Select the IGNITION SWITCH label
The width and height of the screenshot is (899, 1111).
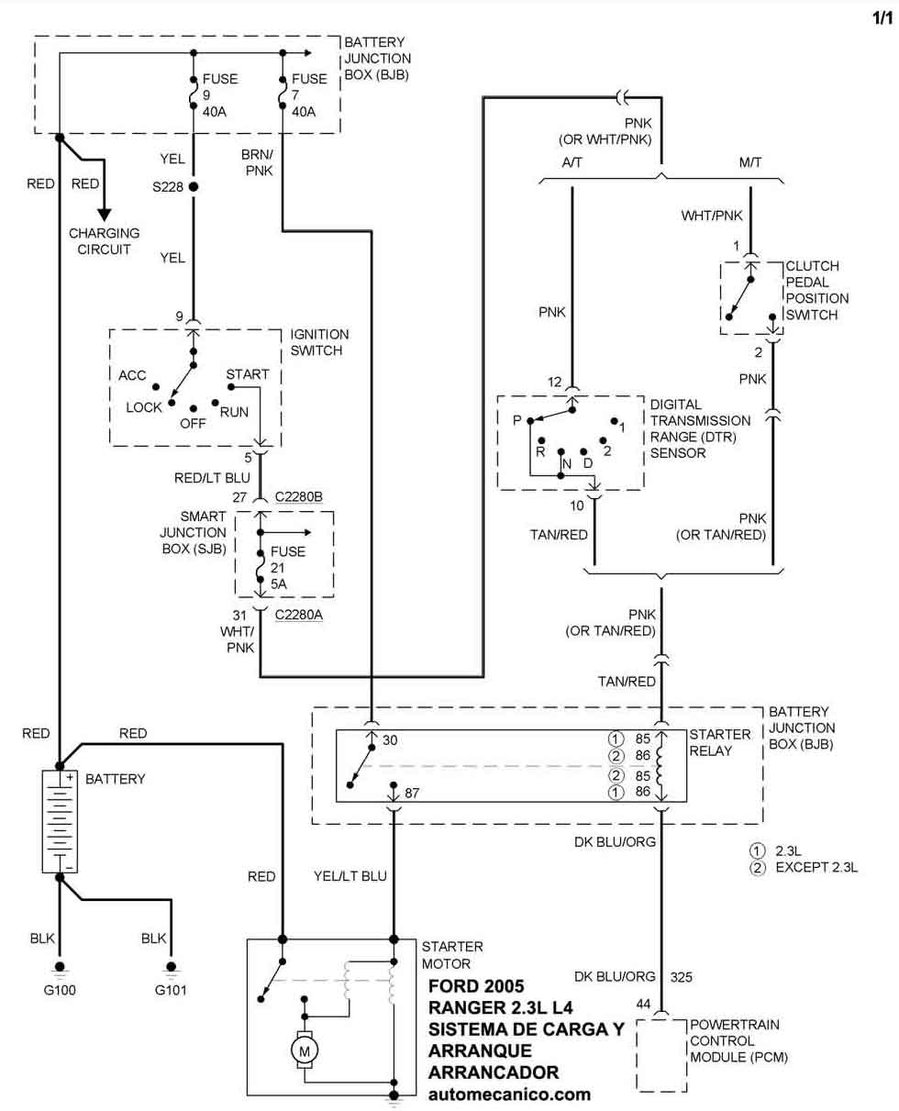[x=319, y=342]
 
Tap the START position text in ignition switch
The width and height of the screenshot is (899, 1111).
[x=248, y=374]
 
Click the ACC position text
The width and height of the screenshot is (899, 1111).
[x=133, y=374]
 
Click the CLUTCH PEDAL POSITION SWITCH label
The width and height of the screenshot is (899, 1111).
[x=817, y=291]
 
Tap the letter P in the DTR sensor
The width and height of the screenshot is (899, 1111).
[x=517, y=421]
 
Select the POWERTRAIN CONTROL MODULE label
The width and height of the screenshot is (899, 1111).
[x=738, y=1041]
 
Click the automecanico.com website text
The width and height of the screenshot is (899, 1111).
[x=509, y=1094]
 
